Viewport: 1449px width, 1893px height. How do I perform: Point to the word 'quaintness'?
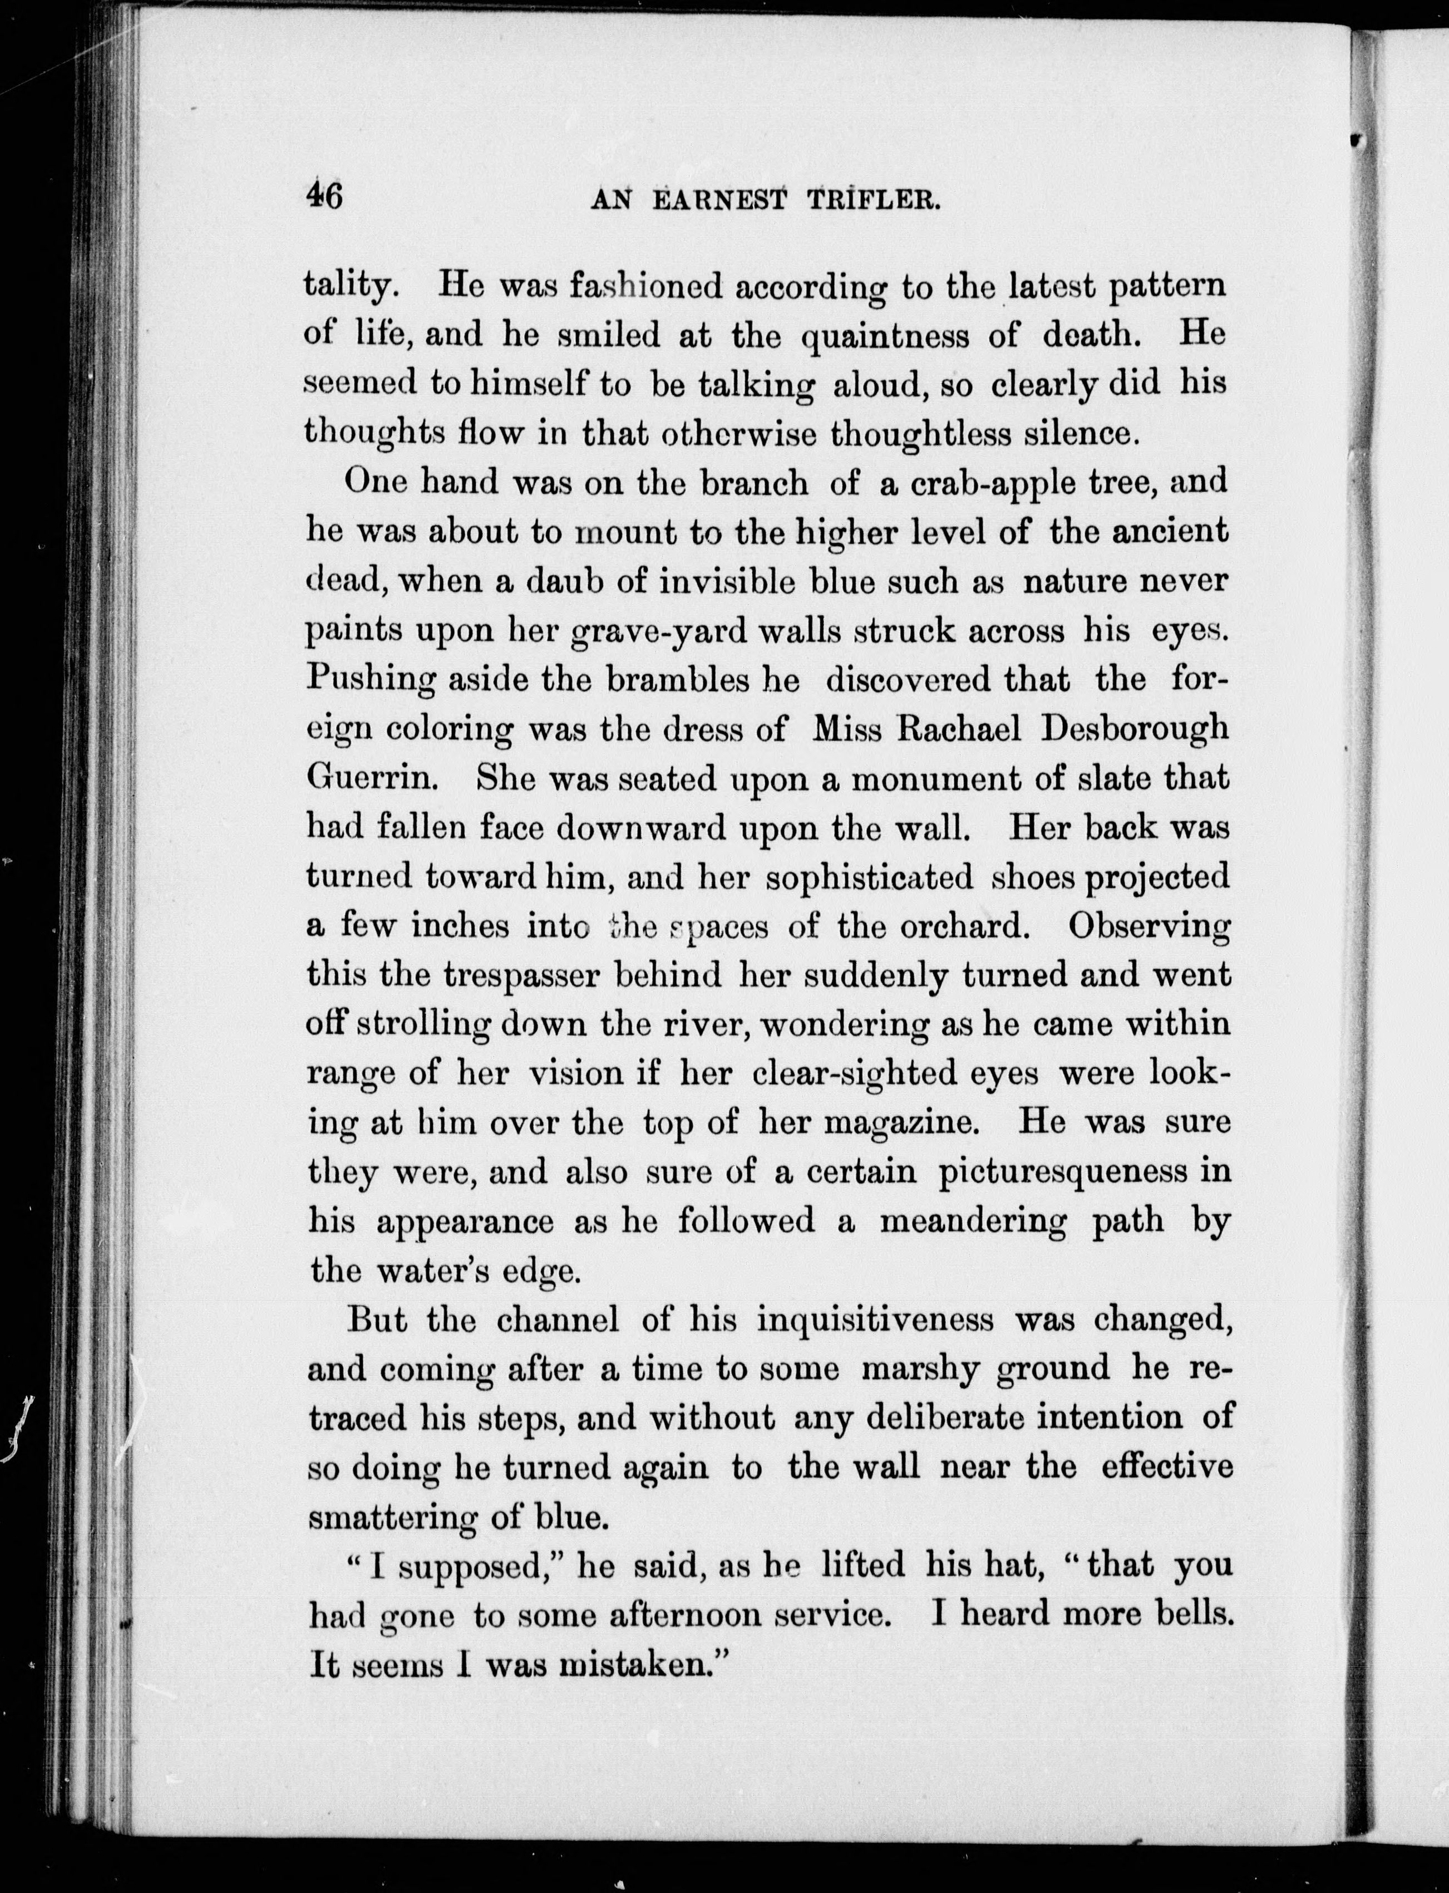click(x=885, y=335)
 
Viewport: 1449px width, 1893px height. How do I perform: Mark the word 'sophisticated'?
click(x=869, y=877)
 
